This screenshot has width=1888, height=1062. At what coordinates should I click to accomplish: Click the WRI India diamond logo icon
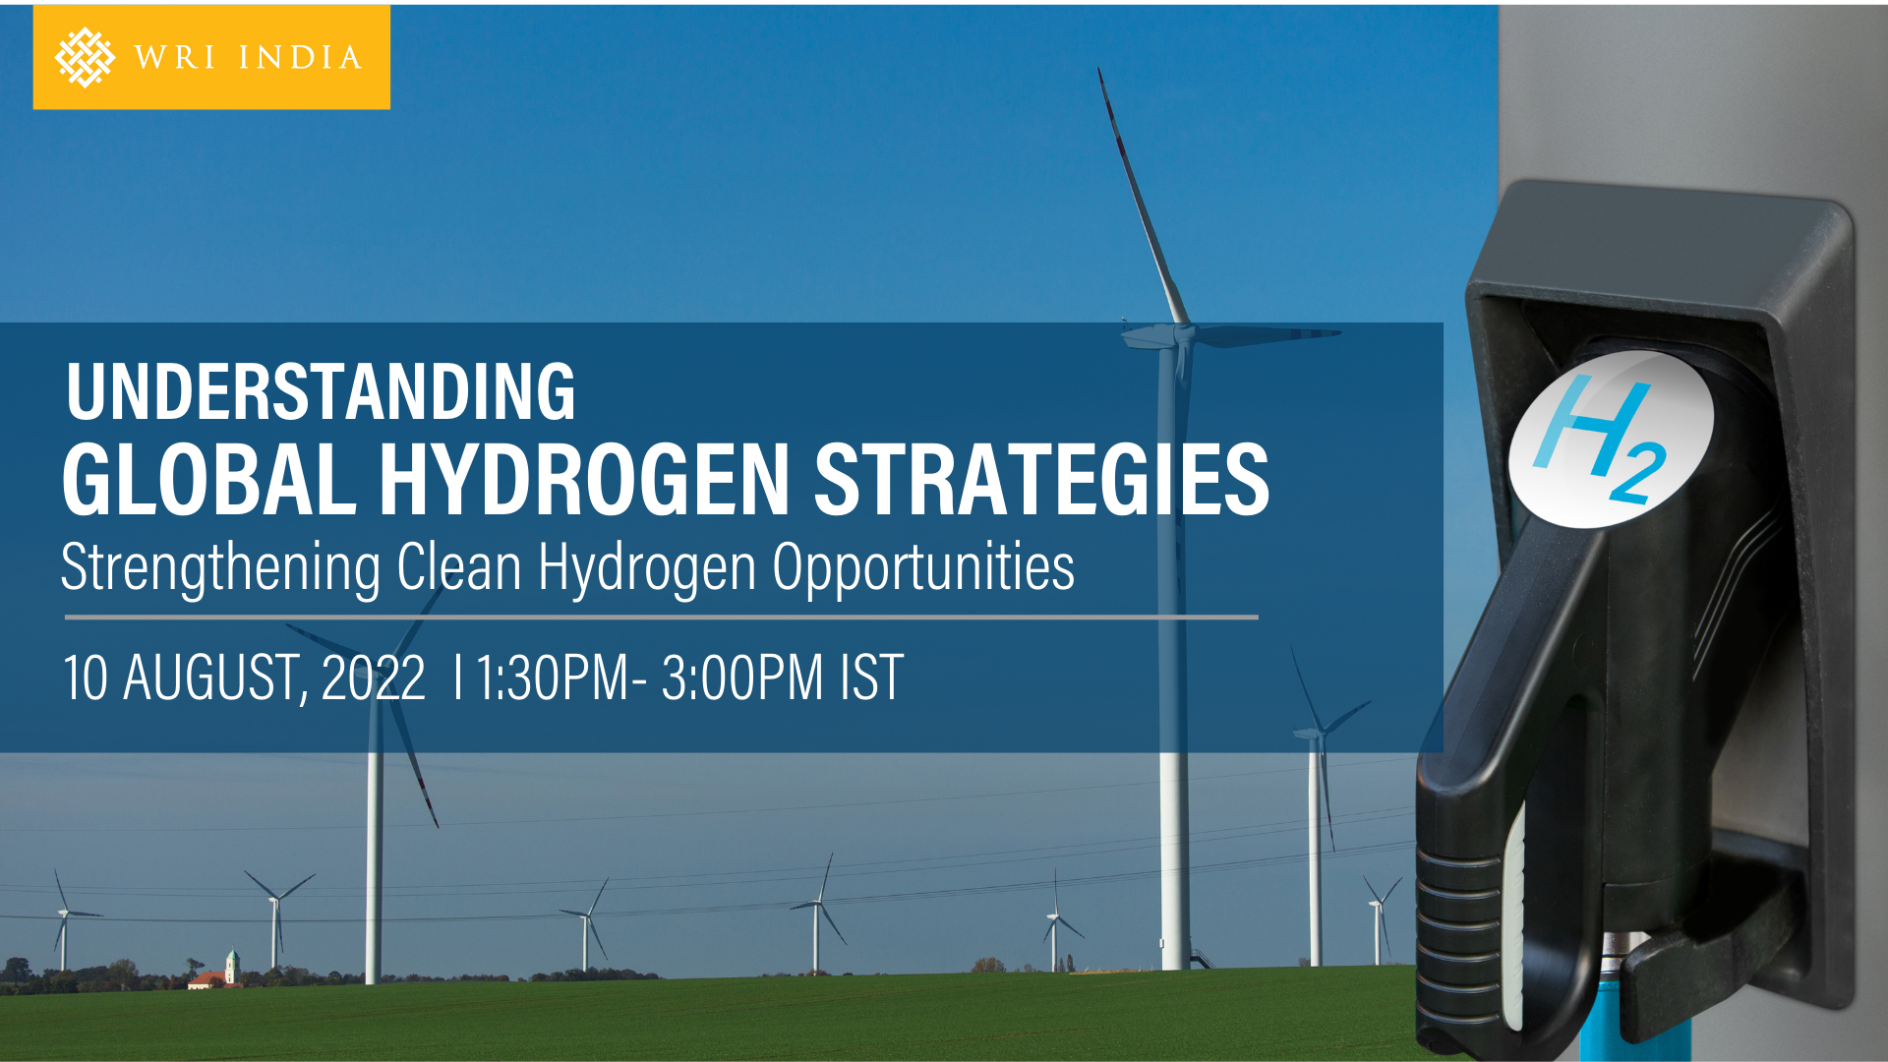click(x=85, y=57)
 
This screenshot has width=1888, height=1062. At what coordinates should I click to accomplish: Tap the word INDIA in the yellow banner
click(x=300, y=58)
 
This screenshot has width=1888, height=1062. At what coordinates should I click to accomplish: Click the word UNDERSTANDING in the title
click(x=321, y=391)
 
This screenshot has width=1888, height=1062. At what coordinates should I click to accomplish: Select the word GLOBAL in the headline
click(x=208, y=479)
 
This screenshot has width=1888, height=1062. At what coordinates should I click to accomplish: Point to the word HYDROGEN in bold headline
click(x=584, y=479)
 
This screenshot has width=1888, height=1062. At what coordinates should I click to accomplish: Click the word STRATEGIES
click(x=1041, y=479)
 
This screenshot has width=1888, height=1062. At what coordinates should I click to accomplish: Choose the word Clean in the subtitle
click(x=459, y=567)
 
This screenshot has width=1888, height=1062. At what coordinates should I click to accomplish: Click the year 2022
click(x=374, y=678)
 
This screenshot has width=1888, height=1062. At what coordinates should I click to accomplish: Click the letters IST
click(x=871, y=678)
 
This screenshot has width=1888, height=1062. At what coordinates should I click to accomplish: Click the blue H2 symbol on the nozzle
click(x=1602, y=439)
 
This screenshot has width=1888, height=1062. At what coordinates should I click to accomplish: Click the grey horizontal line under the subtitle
click(x=662, y=618)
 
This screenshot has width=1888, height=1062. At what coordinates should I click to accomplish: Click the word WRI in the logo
click(x=174, y=58)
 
